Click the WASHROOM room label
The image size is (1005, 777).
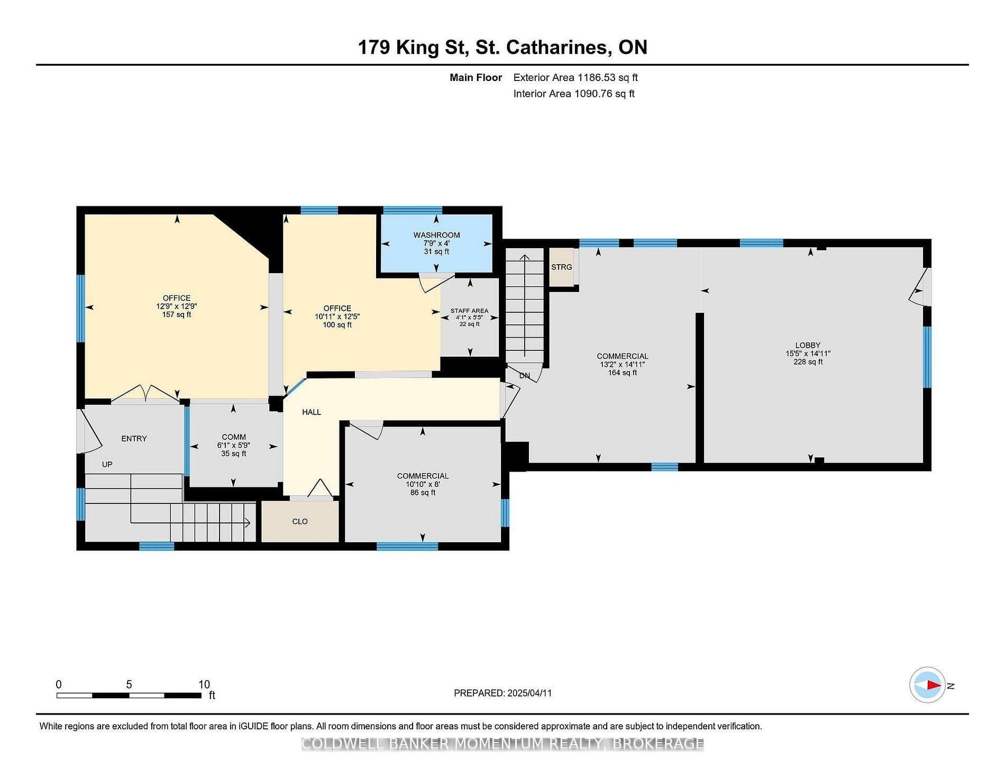click(x=436, y=235)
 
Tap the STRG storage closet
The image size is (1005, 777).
click(x=562, y=267)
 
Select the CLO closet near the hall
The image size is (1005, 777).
click(x=300, y=521)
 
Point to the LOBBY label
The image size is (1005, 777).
click(x=808, y=345)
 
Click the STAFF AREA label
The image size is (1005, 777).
click(x=469, y=311)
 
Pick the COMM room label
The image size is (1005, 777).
click(x=234, y=437)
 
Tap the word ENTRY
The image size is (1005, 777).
click(x=134, y=439)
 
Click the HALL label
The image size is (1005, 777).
click(x=312, y=412)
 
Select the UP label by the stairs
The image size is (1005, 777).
click(x=107, y=465)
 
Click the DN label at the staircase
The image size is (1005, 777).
click(x=524, y=376)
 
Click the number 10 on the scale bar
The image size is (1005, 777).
click(x=204, y=684)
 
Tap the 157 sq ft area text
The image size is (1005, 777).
click(x=177, y=315)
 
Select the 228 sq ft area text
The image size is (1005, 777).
click(x=808, y=362)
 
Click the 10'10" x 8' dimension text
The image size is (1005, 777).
click(x=423, y=484)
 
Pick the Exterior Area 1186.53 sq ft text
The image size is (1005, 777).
click(x=575, y=77)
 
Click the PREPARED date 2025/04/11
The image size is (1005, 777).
click(x=529, y=693)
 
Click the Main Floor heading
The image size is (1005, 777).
click(x=476, y=77)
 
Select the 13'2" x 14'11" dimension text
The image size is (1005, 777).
click(x=622, y=365)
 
